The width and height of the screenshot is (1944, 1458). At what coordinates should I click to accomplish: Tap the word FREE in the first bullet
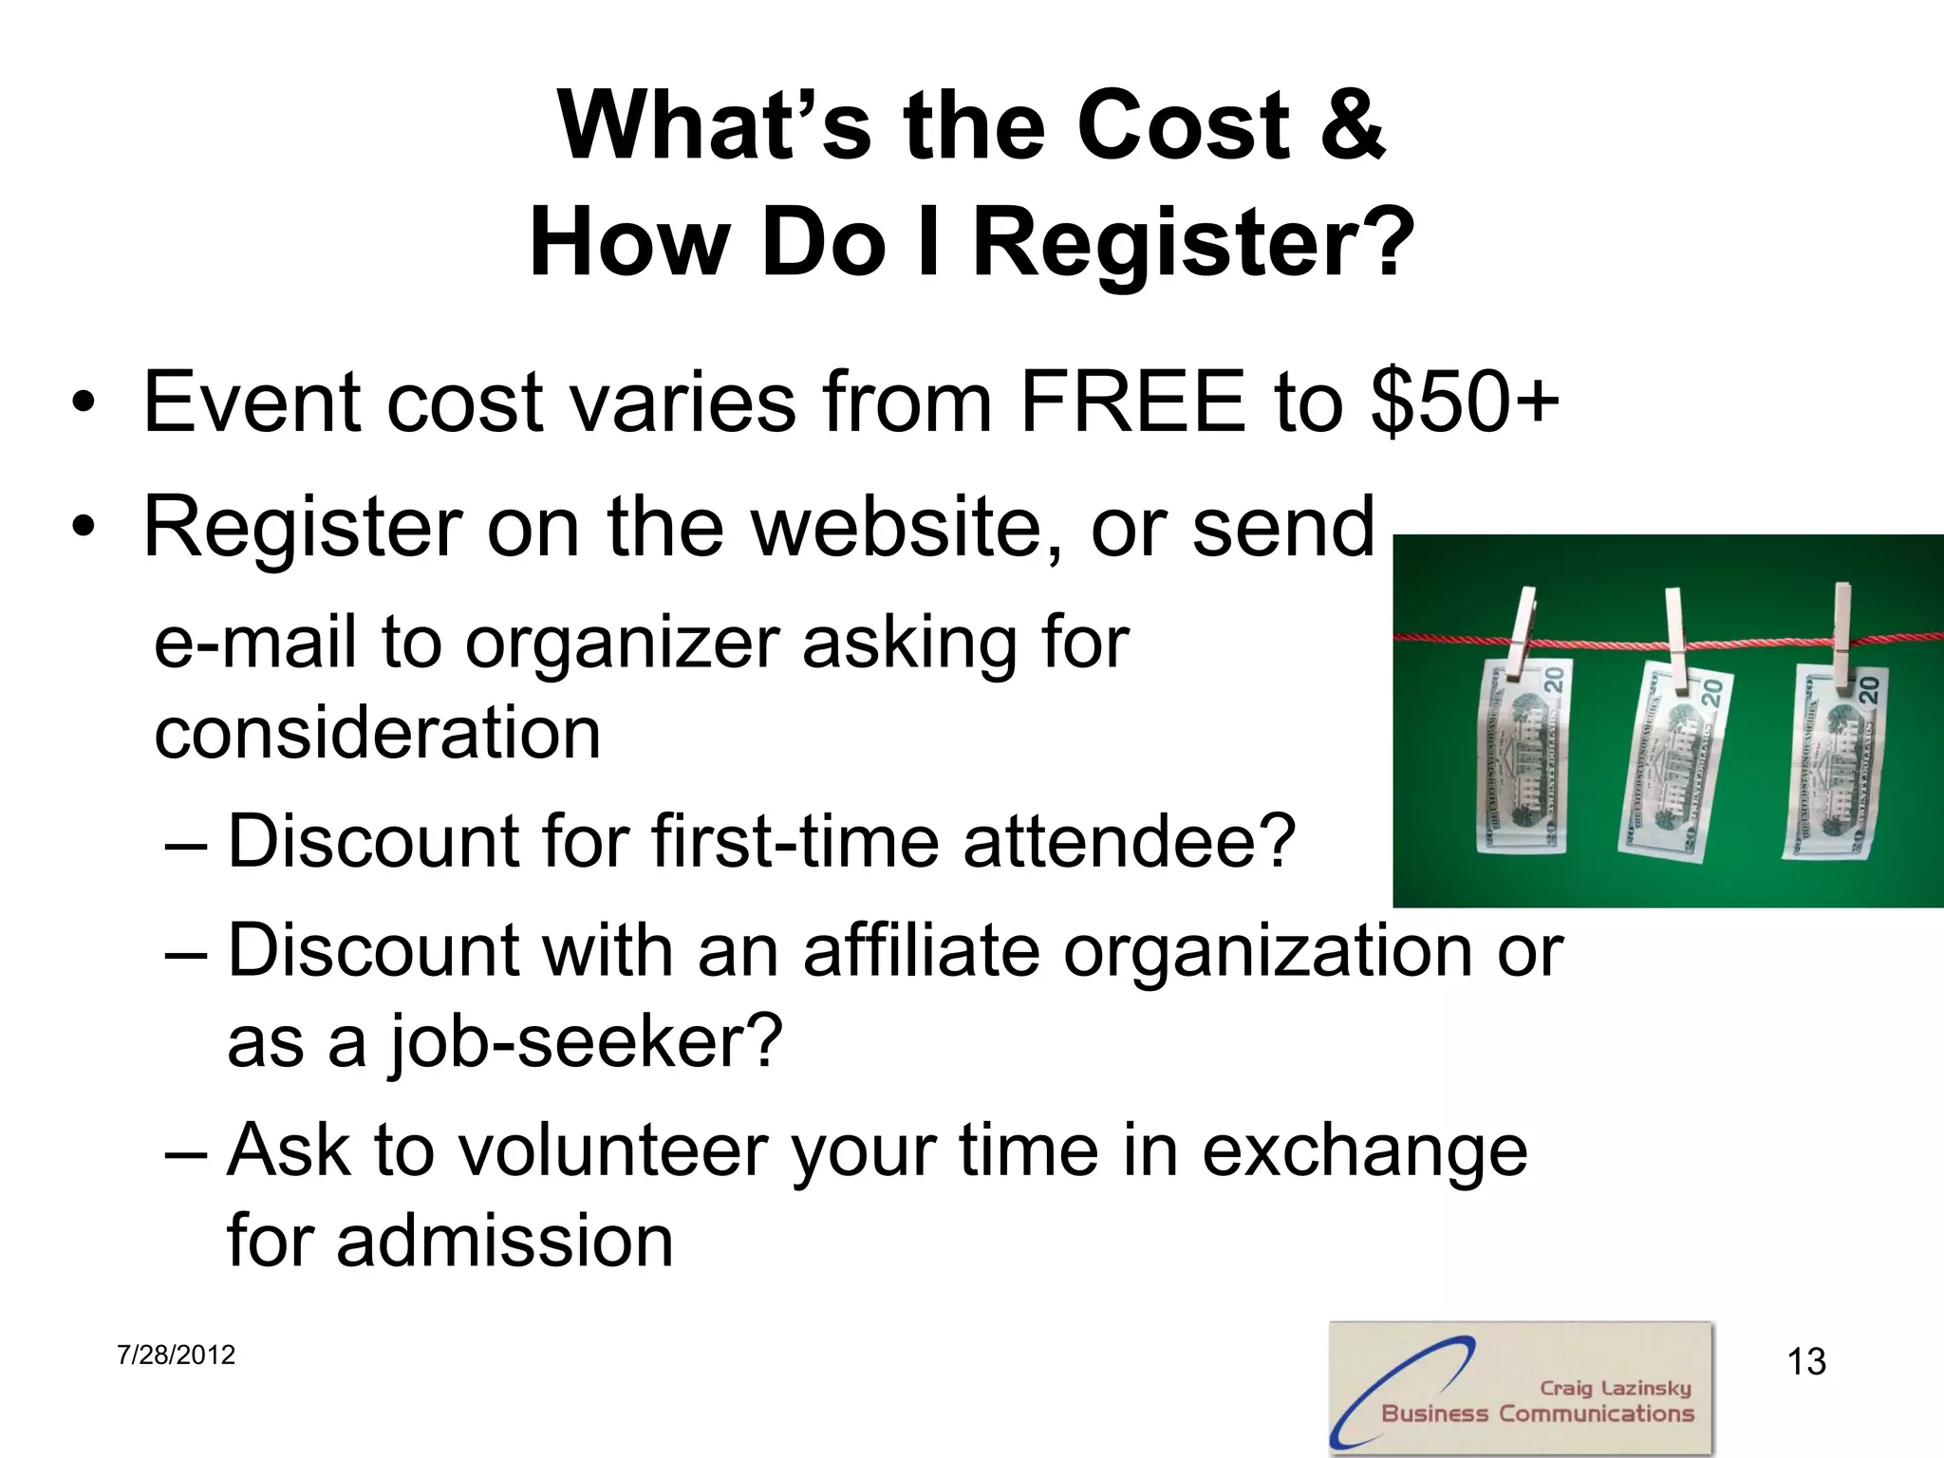click(1131, 402)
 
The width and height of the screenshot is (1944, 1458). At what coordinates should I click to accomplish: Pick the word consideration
click(377, 734)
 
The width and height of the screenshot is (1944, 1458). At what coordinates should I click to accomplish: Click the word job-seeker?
click(585, 1041)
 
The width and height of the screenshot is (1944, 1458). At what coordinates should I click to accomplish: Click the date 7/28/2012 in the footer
click(176, 1355)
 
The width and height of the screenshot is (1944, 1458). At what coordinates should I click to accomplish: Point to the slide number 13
click(1806, 1362)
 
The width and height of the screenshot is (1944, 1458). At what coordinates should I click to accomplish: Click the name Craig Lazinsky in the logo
click(1615, 1388)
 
